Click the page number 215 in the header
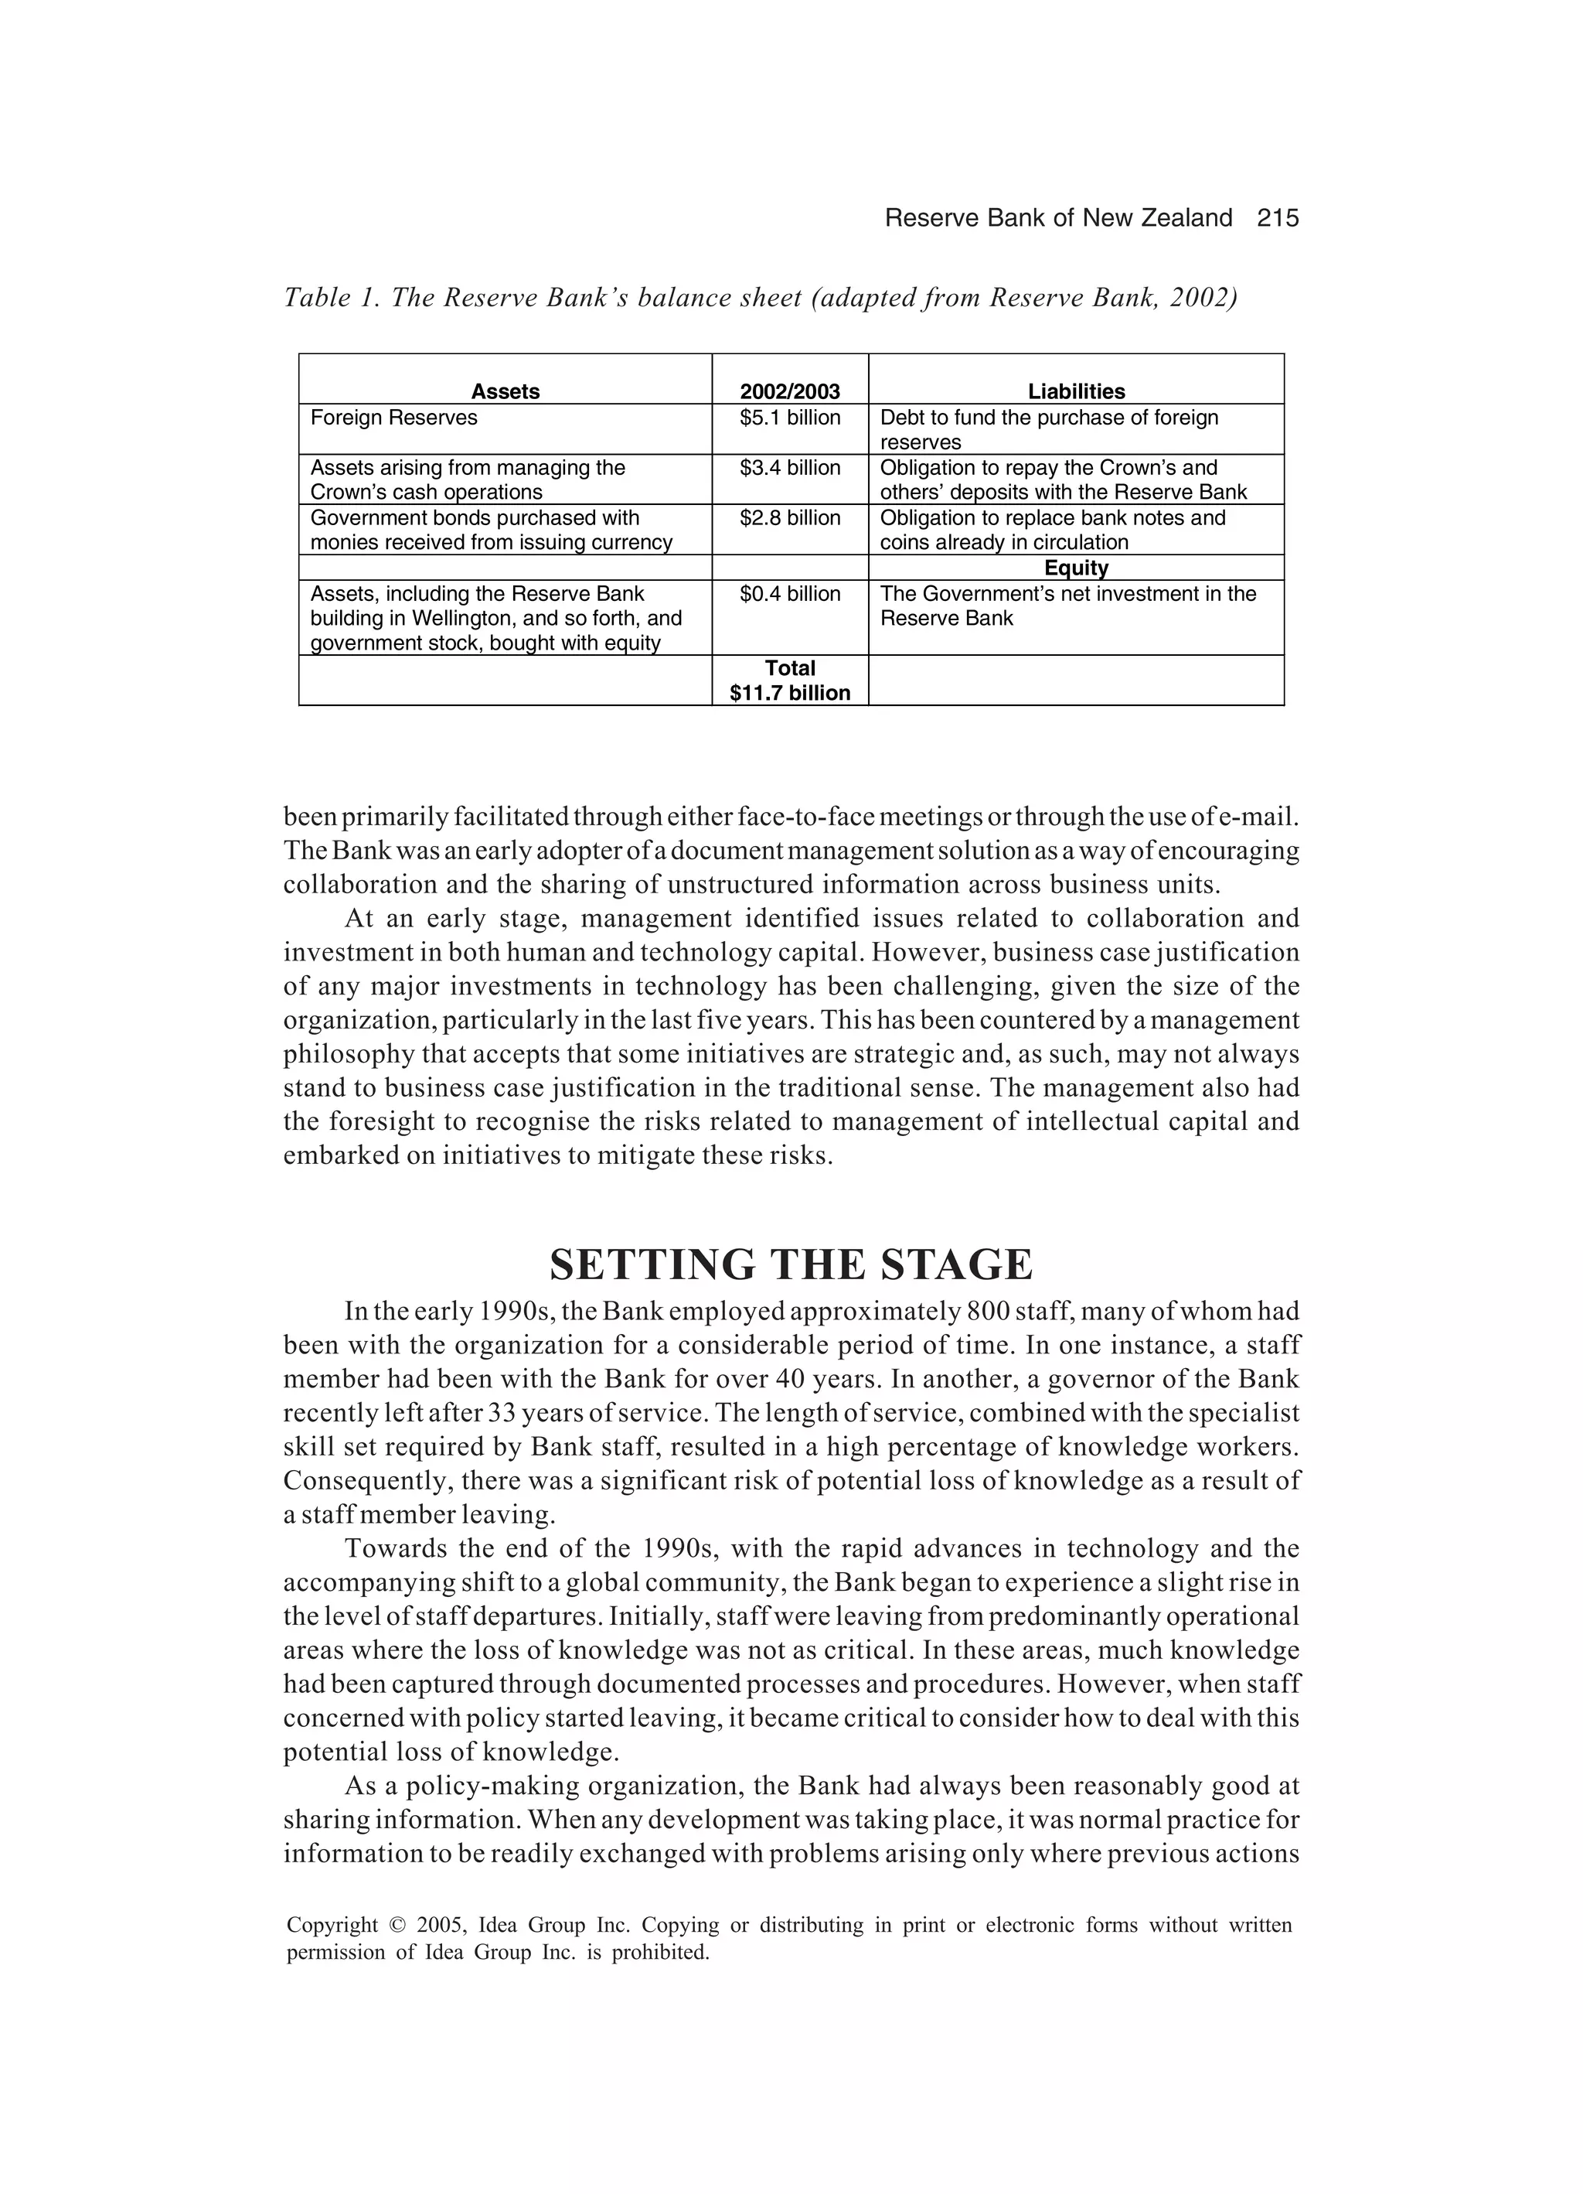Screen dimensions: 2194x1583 [x=1278, y=219]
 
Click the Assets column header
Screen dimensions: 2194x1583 [x=505, y=392]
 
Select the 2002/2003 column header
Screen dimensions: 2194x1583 [x=789, y=392]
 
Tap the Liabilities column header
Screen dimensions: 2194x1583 [x=1075, y=392]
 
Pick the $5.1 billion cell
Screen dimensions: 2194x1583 [x=789, y=418]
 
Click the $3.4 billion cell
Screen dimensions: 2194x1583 [x=789, y=468]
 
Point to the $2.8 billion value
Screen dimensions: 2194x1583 [x=789, y=518]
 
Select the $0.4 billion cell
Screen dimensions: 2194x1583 [x=789, y=594]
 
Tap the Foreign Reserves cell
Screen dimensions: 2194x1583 [x=393, y=418]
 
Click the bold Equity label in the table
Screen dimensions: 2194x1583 [x=1075, y=568]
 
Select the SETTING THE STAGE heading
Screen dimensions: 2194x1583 [x=791, y=1265]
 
